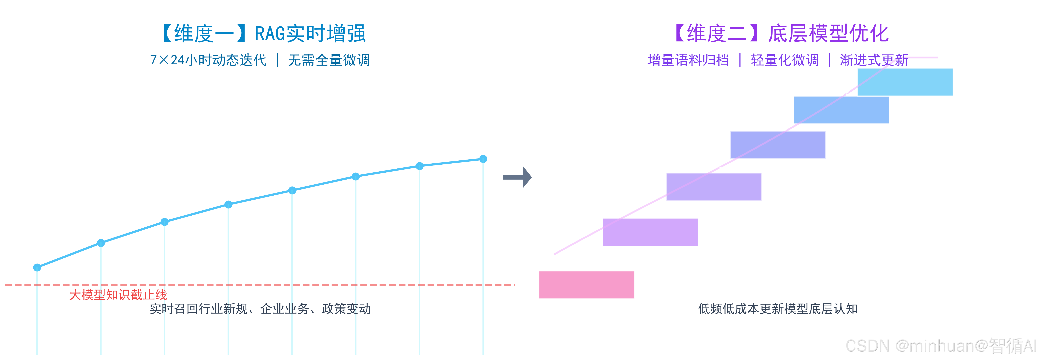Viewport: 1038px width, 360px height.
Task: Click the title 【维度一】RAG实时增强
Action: [264, 33]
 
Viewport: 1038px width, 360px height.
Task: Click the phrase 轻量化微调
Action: [784, 60]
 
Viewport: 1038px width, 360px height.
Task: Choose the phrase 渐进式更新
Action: [874, 60]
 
